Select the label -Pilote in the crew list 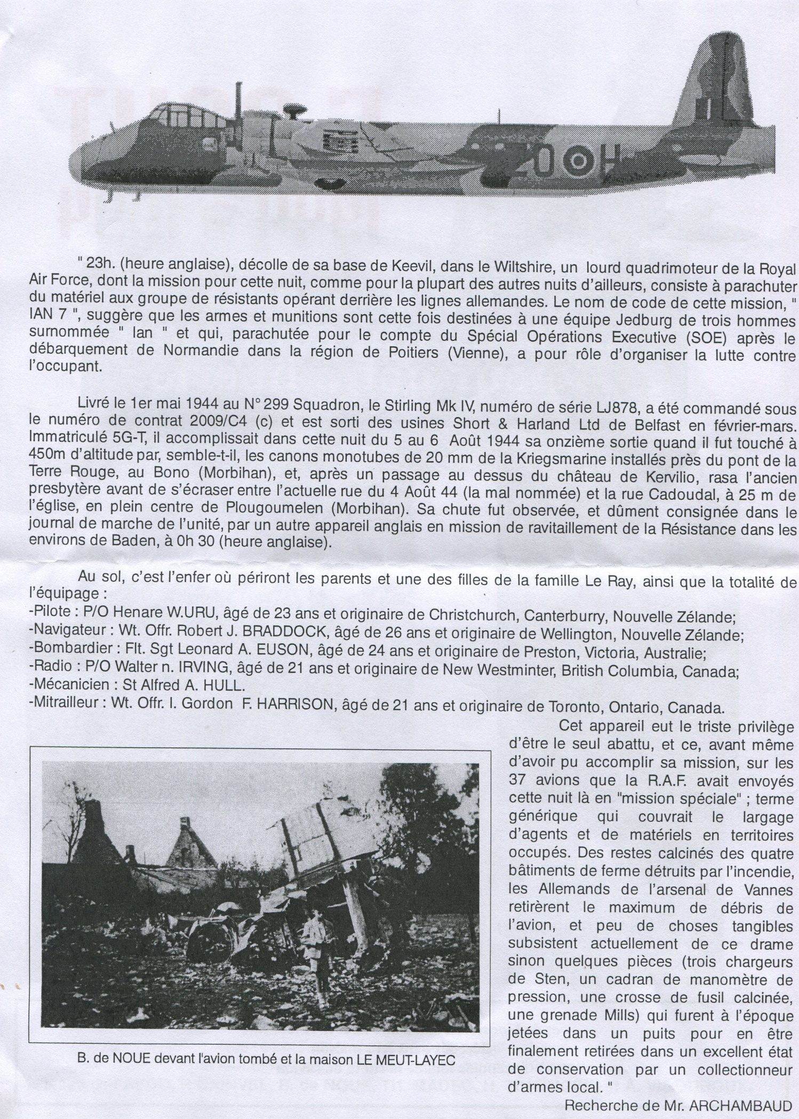46,617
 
